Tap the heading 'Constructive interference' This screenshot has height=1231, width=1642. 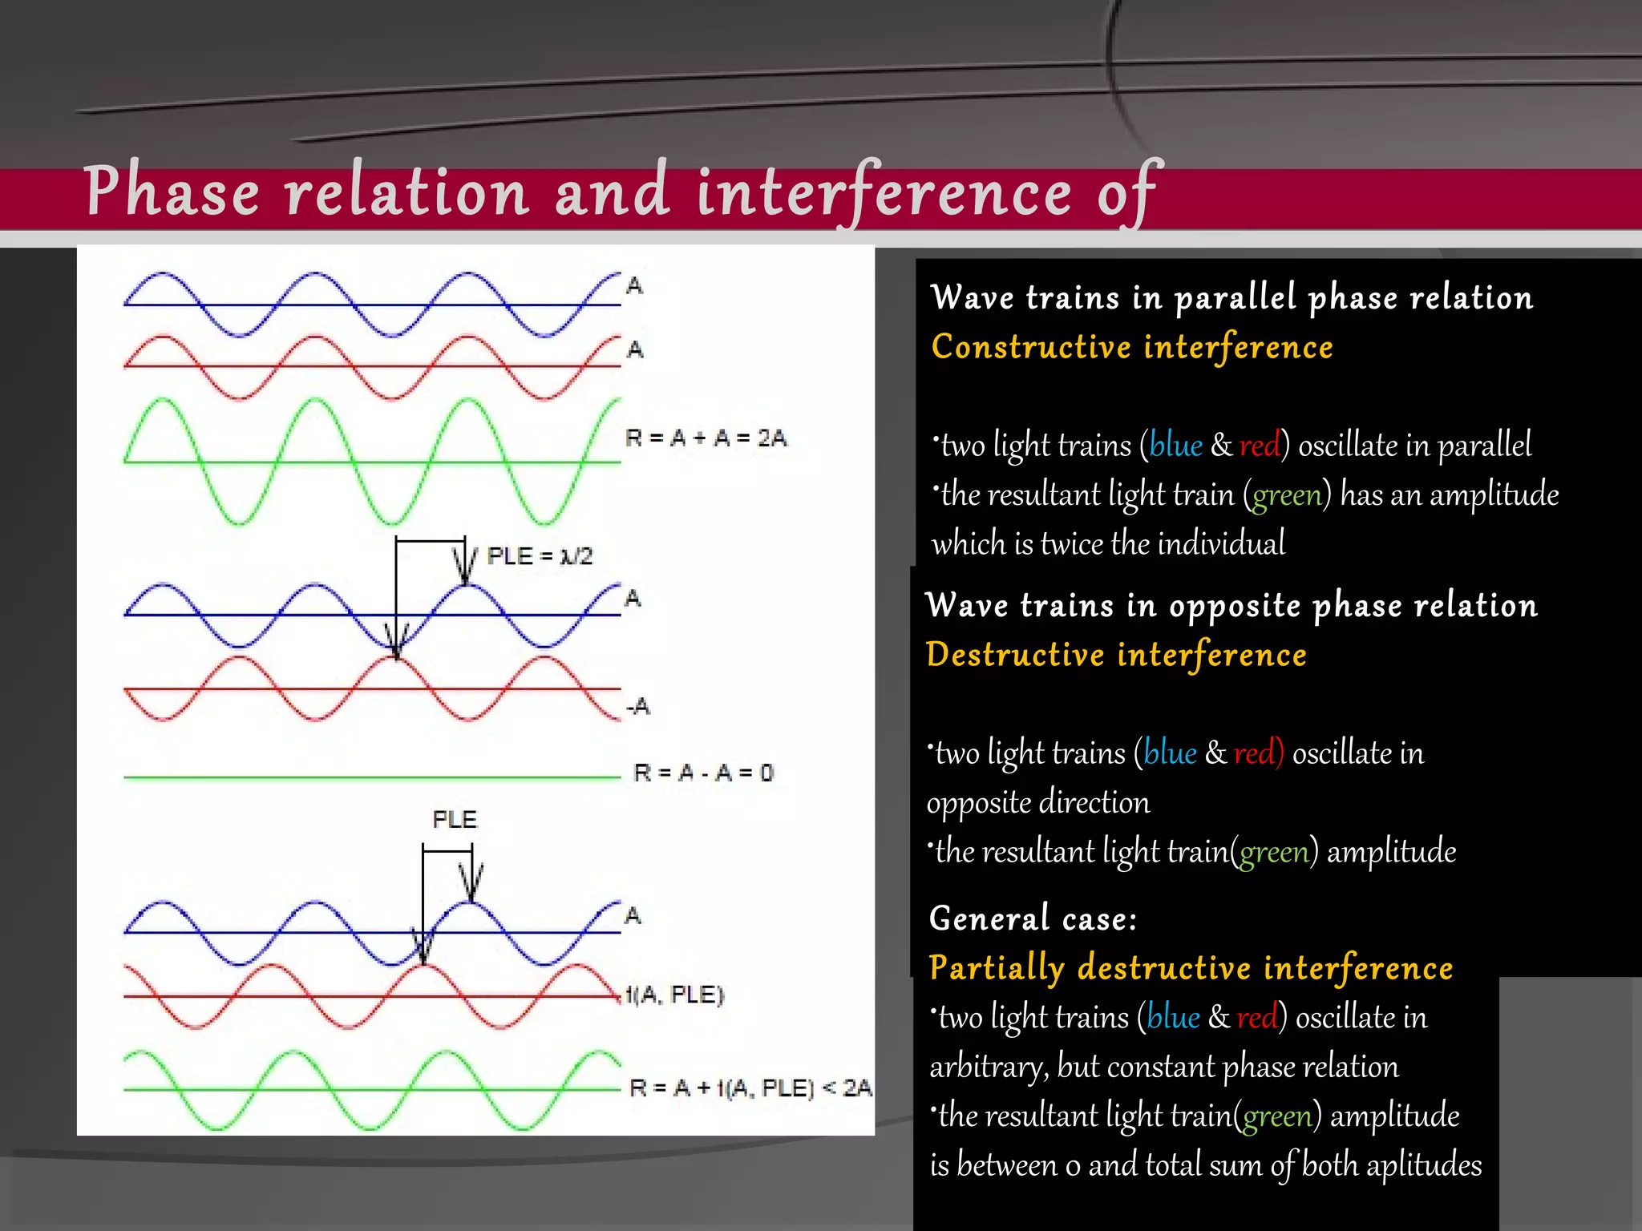(x=1132, y=347)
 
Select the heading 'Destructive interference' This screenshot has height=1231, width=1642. (x=1116, y=655)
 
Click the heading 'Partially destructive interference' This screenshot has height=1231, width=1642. (x=1191, y=967)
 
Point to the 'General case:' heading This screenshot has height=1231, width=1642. (x=1033, y=918)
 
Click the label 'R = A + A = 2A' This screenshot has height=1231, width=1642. (x=706, y=438)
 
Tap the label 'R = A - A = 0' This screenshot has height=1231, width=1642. (x=703, y=773)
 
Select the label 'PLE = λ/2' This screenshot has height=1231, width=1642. (x=540, y=556)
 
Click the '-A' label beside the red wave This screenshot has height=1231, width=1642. (x=638, y=707)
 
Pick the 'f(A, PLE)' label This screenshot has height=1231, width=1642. (x=675, y=995)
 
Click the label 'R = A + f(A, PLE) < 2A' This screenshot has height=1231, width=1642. (x=750, y=1088)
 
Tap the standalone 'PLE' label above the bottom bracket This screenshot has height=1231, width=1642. (x=455, y=819)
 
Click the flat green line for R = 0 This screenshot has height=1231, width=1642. (x=369, y=777)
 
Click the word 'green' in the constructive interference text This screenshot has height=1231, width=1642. (x=1287, y=495)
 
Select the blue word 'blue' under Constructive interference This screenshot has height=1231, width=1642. (x=1175, y=446)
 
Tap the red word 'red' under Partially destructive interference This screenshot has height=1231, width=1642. (x=1257, y=1018)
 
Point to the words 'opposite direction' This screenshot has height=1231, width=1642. (x=1038, y=803)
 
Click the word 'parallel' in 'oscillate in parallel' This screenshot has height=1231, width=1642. (x=1483, y=446)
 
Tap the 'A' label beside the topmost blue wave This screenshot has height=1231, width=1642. (x=634, y=286)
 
